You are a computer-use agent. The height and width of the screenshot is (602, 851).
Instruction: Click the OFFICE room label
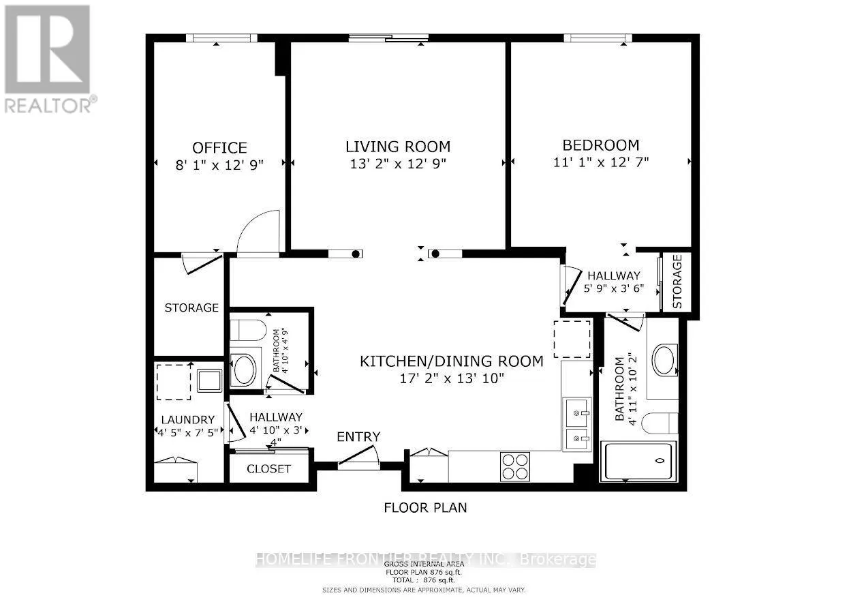tap(219, 148)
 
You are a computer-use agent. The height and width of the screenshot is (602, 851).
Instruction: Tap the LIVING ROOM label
tap(397, 147)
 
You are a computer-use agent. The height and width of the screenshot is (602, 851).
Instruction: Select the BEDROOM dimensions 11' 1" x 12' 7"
tap(600, 162)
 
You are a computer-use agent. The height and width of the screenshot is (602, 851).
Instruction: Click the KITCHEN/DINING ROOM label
tap(451, 361)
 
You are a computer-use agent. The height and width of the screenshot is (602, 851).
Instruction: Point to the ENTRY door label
tap(358, 437)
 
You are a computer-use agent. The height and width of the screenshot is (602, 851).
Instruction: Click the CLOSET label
tap(268, 469)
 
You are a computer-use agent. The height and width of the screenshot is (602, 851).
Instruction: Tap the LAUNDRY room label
tap(188, 419)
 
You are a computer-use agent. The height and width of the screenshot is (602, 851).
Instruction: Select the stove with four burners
tap(514, 466)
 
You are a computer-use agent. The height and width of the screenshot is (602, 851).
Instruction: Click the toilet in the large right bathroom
tap(660, 423)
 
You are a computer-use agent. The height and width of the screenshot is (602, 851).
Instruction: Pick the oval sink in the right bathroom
tap(665, 360)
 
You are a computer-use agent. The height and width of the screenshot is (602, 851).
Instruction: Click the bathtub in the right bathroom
tap(638, 462)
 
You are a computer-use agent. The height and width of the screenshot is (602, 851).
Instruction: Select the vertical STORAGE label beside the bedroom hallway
tap(677, 282)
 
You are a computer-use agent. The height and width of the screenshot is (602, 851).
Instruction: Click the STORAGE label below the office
tap(191, 307)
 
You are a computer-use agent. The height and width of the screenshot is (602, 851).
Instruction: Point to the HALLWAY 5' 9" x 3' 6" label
tap(614, 282)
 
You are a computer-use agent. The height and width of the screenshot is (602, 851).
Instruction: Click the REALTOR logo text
tap(50, 105)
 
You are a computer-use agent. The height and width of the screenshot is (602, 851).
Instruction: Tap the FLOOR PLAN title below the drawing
tap(425, 508)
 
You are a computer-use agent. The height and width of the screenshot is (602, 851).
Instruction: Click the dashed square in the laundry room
tap(174, 382)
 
